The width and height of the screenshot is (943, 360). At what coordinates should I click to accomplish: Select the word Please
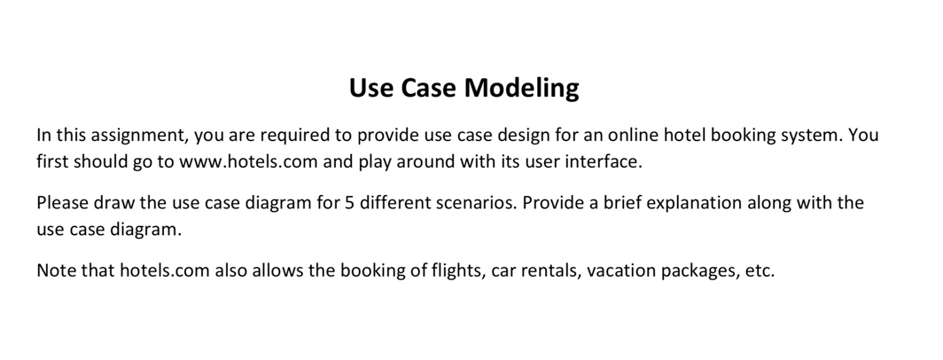pyautogui.click(x=62, y=203)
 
